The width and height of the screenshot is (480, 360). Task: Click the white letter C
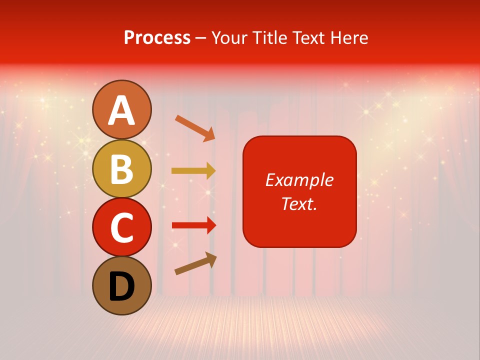point(122,227)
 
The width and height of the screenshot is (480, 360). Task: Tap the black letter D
point(122,286)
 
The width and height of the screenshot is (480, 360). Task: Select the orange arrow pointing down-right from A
point(195,128)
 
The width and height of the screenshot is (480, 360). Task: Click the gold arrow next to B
point(193,171)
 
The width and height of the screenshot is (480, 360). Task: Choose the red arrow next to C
point(194,225)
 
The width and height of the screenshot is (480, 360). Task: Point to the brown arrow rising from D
point(195,264)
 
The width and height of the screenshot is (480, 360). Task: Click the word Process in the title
point(157,38)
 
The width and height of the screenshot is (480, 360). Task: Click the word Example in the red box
point(299,180)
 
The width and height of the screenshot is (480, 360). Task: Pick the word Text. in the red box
point(299,203)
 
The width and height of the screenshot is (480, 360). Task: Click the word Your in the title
point(230,38)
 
